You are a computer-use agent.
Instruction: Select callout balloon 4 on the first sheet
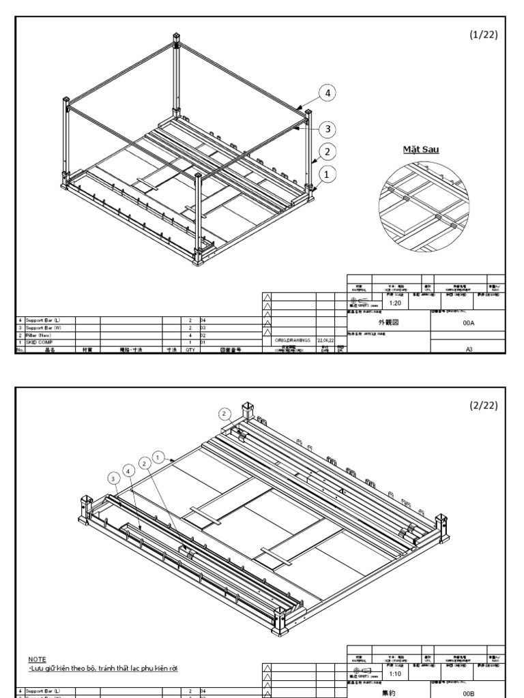[328, 93]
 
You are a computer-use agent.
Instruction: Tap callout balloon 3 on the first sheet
[328, 128]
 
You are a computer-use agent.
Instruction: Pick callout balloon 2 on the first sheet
[328, 151]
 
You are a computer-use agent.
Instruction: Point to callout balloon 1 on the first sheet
[328, 175]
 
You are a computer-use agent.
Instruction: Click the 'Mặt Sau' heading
[420, 149]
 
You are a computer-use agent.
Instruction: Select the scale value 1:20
[394, 303]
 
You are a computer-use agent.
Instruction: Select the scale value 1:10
[394, 673]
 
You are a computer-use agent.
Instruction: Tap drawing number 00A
[467, 325]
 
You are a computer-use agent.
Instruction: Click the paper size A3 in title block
[467, 348]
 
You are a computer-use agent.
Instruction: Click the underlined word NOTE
[36, 659]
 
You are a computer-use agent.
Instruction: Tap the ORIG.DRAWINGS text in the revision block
[293, 339]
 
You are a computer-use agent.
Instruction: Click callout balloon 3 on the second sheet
[113, 478]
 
